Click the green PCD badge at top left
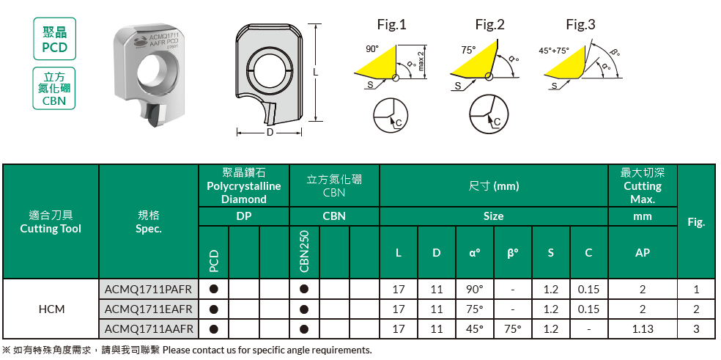tap(55, 39)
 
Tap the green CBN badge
tap(54, 88)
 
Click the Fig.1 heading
tap(392, 24)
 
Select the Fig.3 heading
tap(580, 24)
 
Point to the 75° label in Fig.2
tap(468, 50)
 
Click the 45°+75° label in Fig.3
tap(554, 51)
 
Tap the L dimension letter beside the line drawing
tap(315, 73)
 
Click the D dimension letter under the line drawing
tap(270, 133)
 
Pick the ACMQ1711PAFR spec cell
tap(149, 289)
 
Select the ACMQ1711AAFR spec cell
tap(149, 328)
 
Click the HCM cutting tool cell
tap(51, 309)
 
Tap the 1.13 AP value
tap(643, 328)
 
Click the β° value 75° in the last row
tap(513, 328)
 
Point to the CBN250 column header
tap(304, 251)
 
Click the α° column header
tap(475, 252)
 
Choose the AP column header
tap(643, 252)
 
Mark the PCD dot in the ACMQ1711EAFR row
tap(213, 309)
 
